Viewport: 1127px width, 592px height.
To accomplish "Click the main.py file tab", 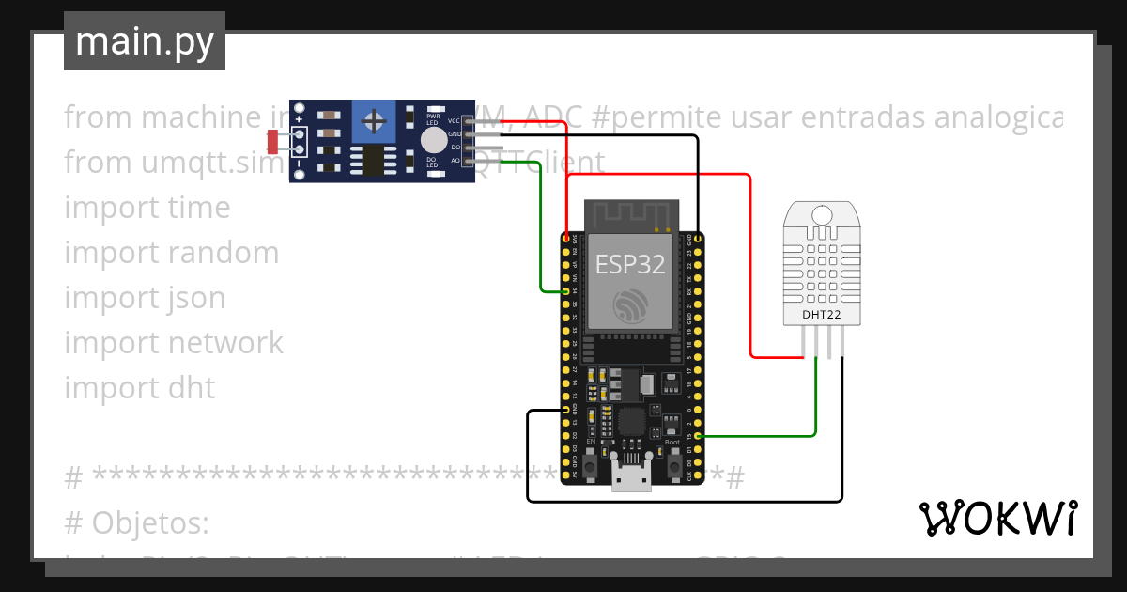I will point(144,41).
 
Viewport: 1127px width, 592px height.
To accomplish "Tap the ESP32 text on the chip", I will point(630,264).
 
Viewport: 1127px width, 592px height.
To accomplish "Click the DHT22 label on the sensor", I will point(822,315).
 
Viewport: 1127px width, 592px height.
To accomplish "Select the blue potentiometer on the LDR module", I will point(374,121).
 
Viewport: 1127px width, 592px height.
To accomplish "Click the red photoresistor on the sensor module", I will point(273,142).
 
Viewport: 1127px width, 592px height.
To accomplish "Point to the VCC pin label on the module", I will point(455,121).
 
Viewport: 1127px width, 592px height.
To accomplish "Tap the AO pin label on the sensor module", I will point(455,161).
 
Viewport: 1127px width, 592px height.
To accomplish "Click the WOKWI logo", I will point(997,518).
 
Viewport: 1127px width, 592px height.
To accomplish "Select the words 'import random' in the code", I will point(171,253).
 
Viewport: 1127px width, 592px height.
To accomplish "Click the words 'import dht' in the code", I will point(139,388).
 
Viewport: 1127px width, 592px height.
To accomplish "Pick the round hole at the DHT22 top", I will point(822,212).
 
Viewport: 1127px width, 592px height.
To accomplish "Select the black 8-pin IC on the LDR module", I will point(374,160).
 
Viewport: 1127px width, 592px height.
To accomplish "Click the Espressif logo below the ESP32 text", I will point(630,305).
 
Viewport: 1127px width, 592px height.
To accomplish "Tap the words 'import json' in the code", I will point(145,298).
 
